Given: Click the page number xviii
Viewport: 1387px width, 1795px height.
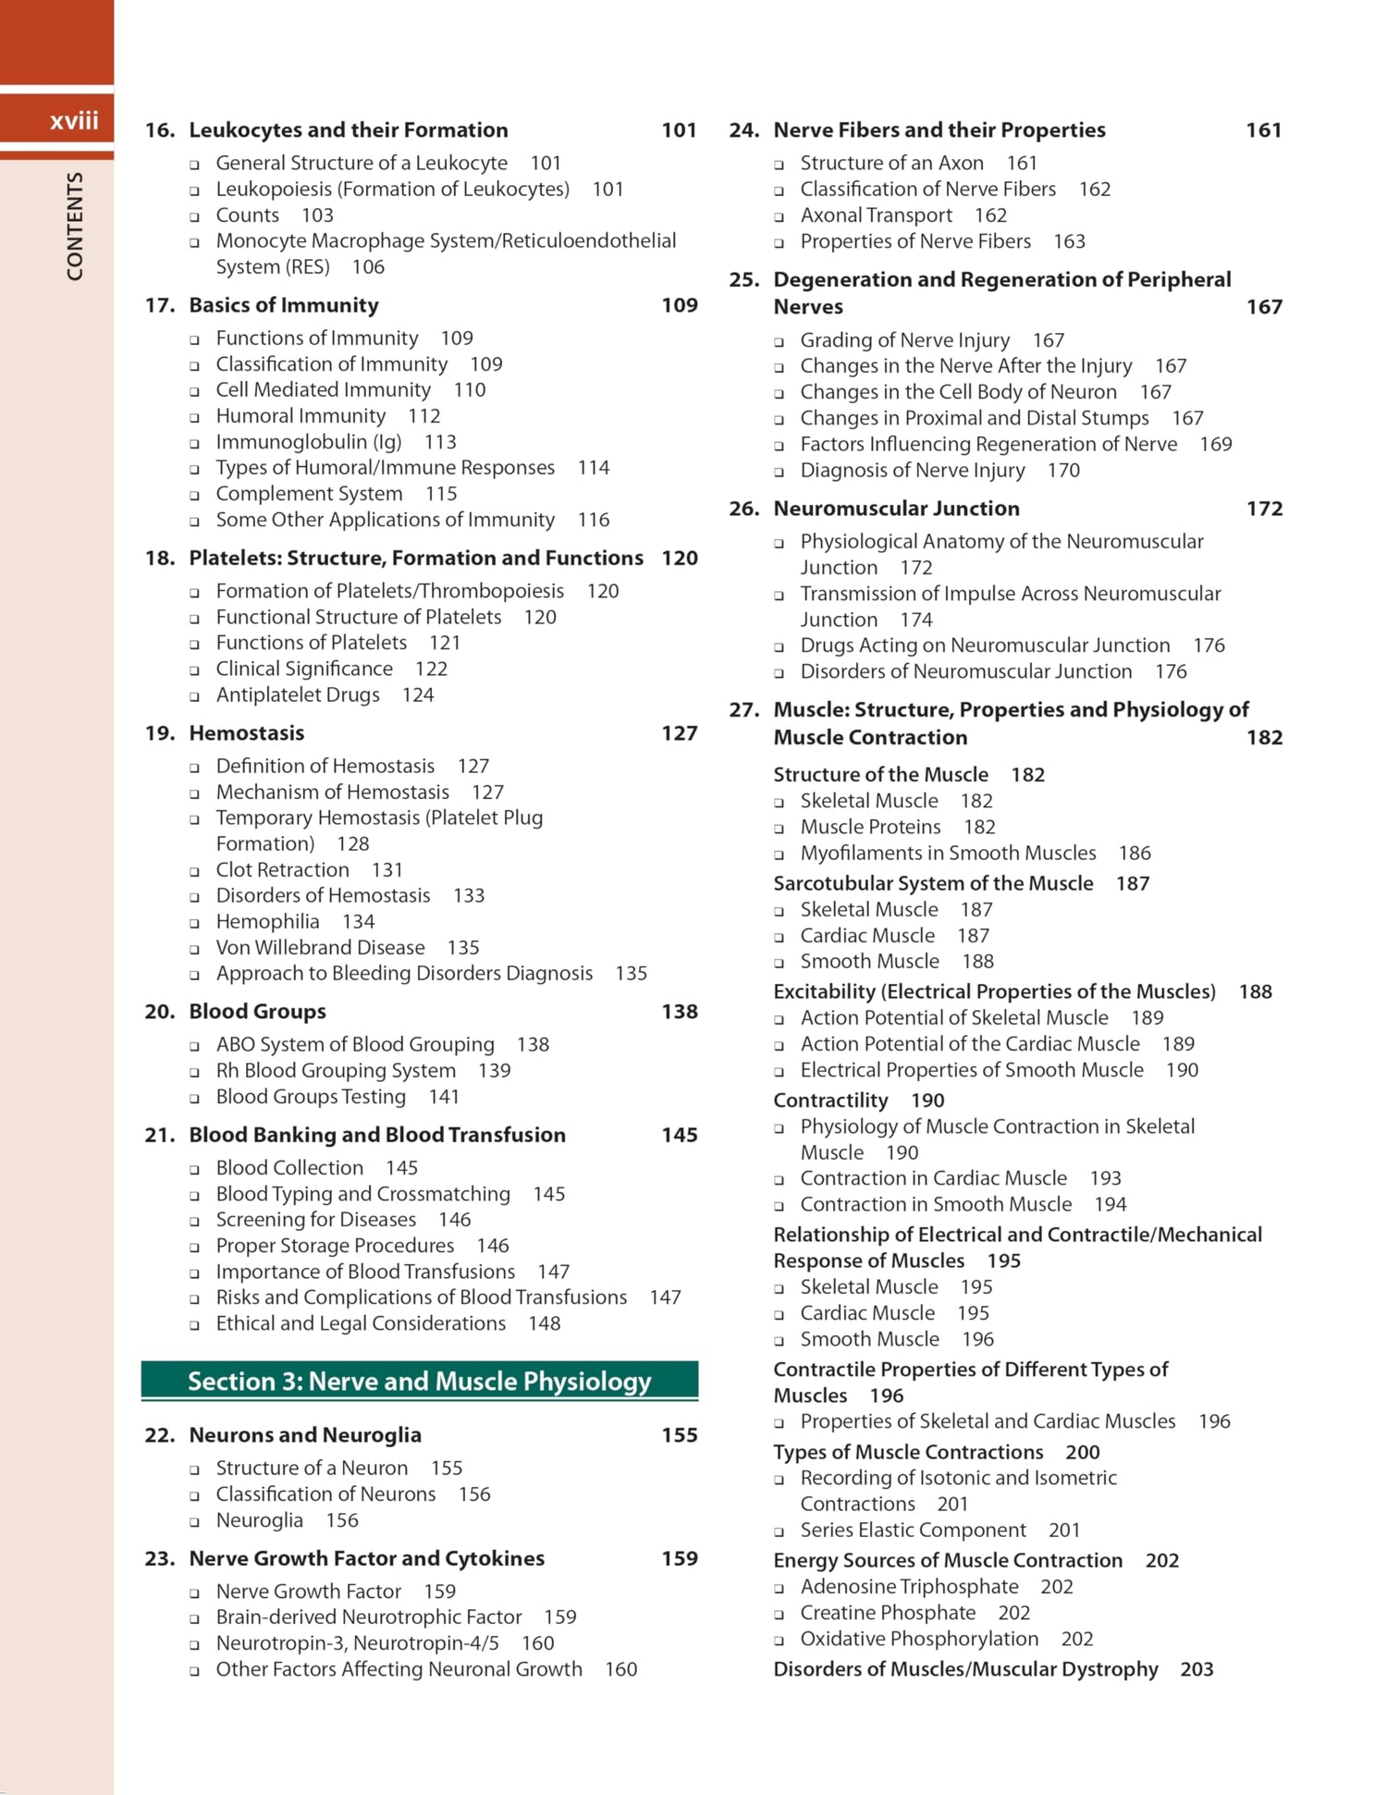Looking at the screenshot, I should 74,121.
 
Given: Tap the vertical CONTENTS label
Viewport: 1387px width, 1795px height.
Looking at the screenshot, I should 75,226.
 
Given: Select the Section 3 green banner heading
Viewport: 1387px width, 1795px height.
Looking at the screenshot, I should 420,1381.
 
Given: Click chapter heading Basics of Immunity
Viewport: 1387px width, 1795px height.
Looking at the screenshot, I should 284,305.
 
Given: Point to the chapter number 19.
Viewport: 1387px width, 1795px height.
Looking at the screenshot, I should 159,733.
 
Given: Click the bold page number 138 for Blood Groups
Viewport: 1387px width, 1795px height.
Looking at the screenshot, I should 679,1012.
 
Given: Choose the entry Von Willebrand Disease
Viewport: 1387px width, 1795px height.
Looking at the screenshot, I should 320,948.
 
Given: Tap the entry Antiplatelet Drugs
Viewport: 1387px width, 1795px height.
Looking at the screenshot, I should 298,695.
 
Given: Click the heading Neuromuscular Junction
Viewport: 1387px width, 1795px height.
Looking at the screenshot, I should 896,509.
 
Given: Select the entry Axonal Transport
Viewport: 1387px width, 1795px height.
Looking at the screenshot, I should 876,215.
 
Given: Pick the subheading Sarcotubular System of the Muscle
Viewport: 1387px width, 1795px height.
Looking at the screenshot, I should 933,884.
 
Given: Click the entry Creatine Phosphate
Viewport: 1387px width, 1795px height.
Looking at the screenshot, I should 888,1613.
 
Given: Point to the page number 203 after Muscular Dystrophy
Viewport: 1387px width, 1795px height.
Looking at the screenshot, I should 1197,1669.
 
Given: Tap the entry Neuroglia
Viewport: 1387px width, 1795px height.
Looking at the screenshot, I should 259,1520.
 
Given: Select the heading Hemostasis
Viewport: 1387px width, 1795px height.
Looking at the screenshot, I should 247,733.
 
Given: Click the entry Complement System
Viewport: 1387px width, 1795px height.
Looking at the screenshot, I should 309,494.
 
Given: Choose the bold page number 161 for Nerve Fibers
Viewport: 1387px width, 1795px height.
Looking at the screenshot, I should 1263,130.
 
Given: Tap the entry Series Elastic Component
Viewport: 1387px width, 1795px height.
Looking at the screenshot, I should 913,1531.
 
